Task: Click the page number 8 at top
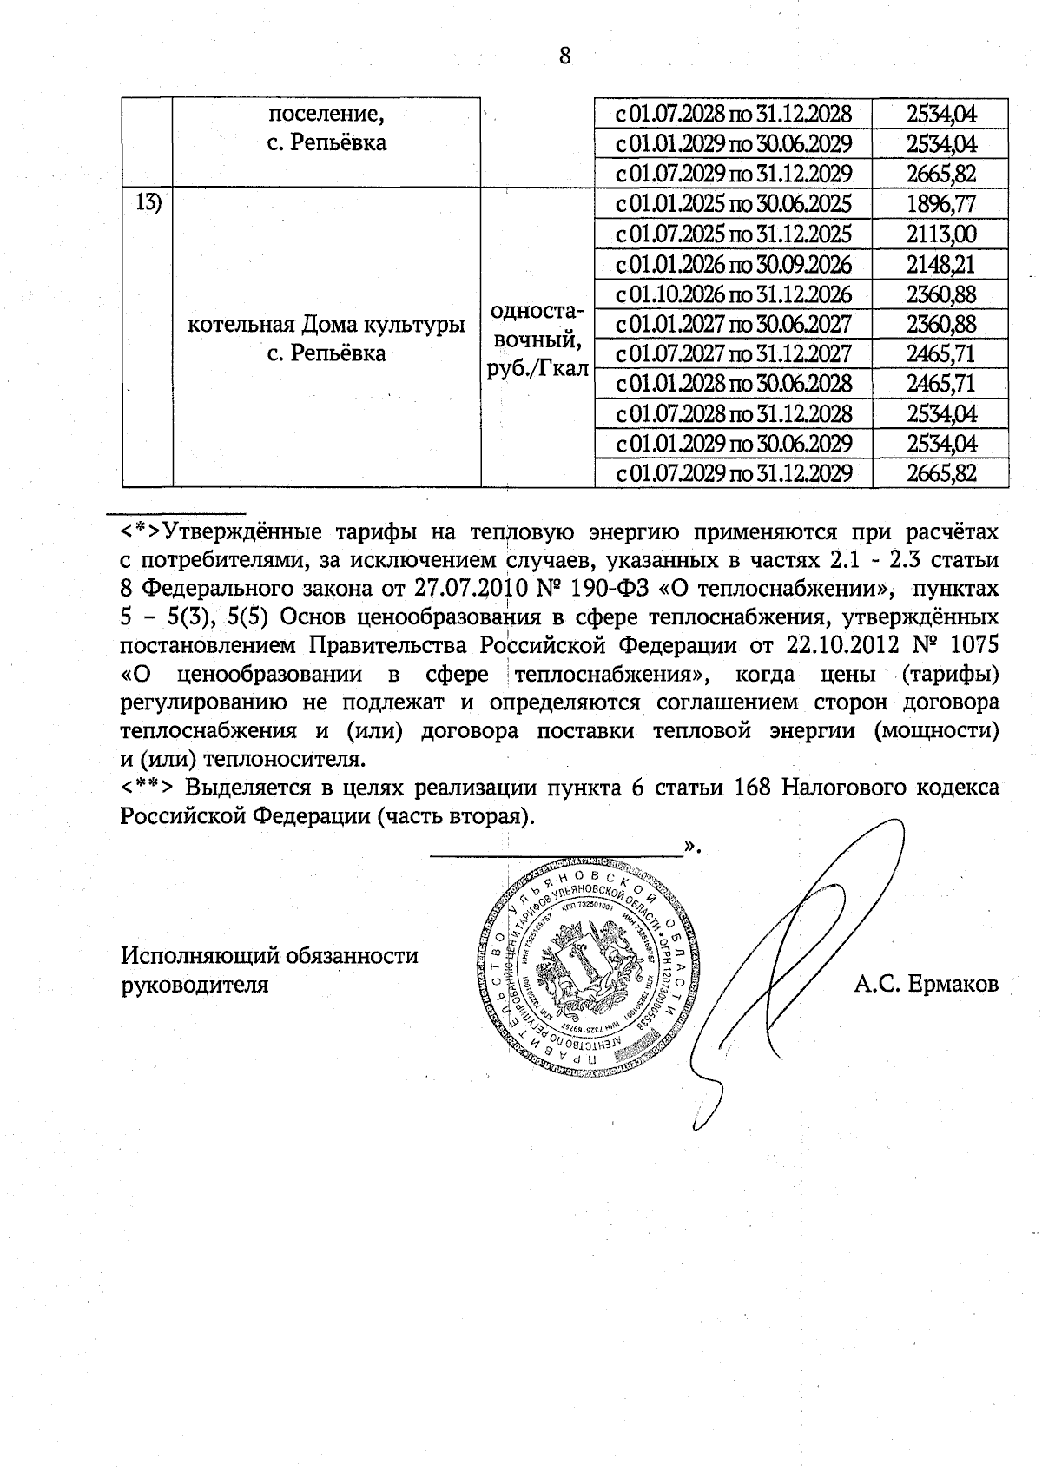[x=565, y=56]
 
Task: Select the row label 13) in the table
[x=148, y=203]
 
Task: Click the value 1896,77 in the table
[x=941, y=204]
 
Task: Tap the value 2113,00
[x=941, y=234]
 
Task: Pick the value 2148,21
[x=941, y=264]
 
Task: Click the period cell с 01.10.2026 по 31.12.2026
[x=733, y=294]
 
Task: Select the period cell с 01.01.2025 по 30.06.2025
[x=733, y=204]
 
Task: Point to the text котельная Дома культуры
[x=326, y=325]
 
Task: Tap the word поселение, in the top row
[x=326, y=114]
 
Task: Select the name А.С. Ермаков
[x=926, y=985]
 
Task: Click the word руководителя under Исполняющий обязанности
[x=195, y=986]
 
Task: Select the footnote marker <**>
[x=149, y=788]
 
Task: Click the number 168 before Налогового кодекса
[x=754, y=788]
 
